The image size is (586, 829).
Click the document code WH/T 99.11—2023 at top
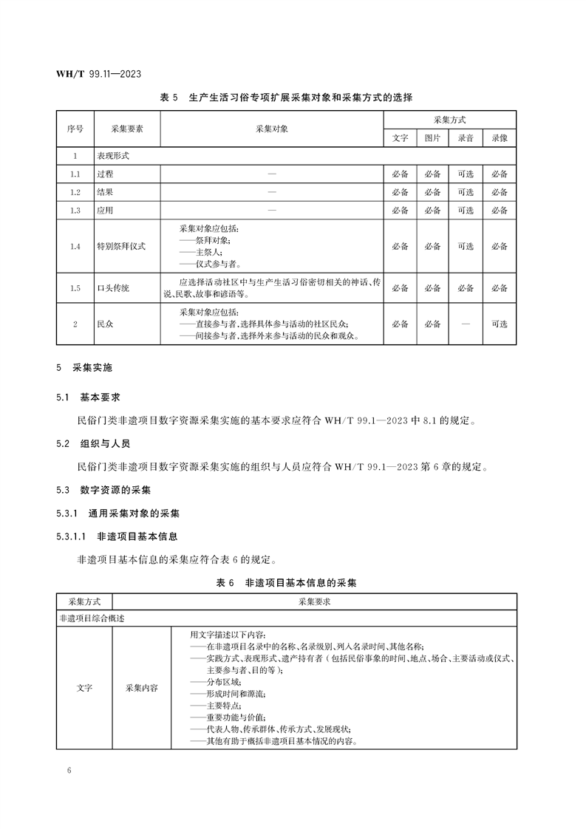pos(99,74)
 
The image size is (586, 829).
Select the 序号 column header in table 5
pos(75,129)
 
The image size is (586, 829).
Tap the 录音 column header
pos(466,137)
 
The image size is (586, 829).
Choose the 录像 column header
pos(500,137)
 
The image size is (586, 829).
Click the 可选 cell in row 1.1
pos(466,174)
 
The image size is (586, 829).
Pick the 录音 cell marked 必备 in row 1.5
pos(466,288)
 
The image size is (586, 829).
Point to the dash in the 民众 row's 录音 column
pos(466,324)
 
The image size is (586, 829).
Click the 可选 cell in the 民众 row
pos(500,324)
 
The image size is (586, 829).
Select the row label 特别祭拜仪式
pos(121,247)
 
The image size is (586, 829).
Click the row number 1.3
pos(75,211)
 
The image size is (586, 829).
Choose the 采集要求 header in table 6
pos(314,601)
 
